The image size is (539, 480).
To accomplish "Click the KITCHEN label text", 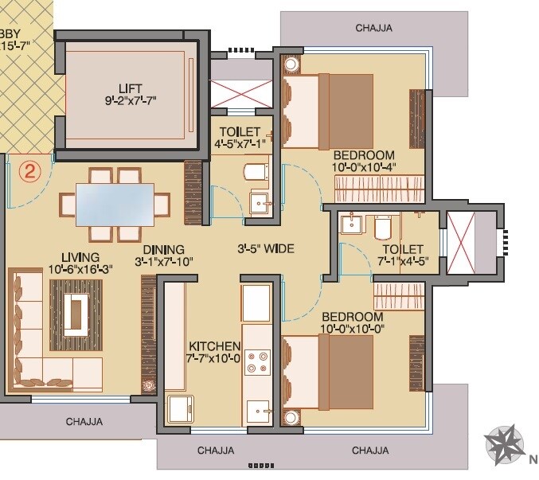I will coord(214,346).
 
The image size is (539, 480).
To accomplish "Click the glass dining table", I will coord(115,203).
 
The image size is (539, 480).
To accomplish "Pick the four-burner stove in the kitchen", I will coord(256,363).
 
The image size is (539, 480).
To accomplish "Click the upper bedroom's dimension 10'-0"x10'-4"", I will coord(364,167).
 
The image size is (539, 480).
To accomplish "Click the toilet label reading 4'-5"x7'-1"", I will coord(239,143).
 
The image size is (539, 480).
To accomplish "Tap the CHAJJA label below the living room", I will coord(84,422).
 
